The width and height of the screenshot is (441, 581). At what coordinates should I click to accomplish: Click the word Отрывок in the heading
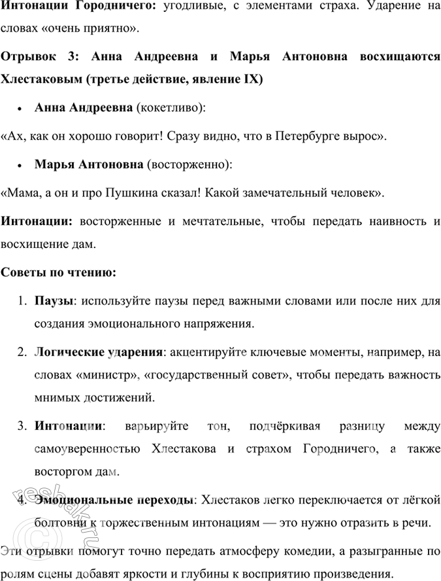pyautogui.click(x=27, y=56)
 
